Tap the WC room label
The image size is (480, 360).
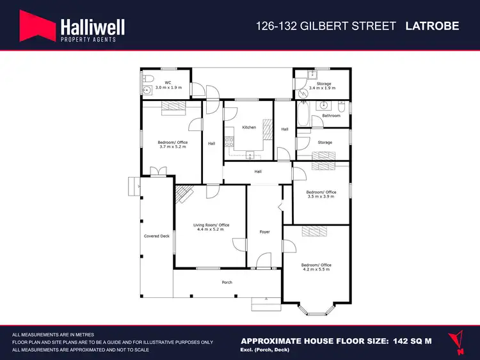pyautogui.click(x=168, y=82)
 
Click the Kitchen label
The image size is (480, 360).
pyautogui.click(x=248, y=127)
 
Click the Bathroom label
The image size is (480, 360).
pyautogui.click(x=331, y=116)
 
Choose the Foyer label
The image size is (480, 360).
pyautogui.click(x=264, y=231)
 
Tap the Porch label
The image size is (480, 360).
pyautogui.click(x=227, y=282)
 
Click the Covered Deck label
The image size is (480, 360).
pyautogui.click(x=156, y=236)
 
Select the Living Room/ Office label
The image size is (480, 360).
pyautogui.click(x=211, y=225)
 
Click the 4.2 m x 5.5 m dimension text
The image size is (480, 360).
pyautogui.click(x=317, y=270)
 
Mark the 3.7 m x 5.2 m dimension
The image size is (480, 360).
pyautogui.click(x=172, y=147)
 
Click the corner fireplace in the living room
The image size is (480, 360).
pyautogui.click(x=184, y=194)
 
